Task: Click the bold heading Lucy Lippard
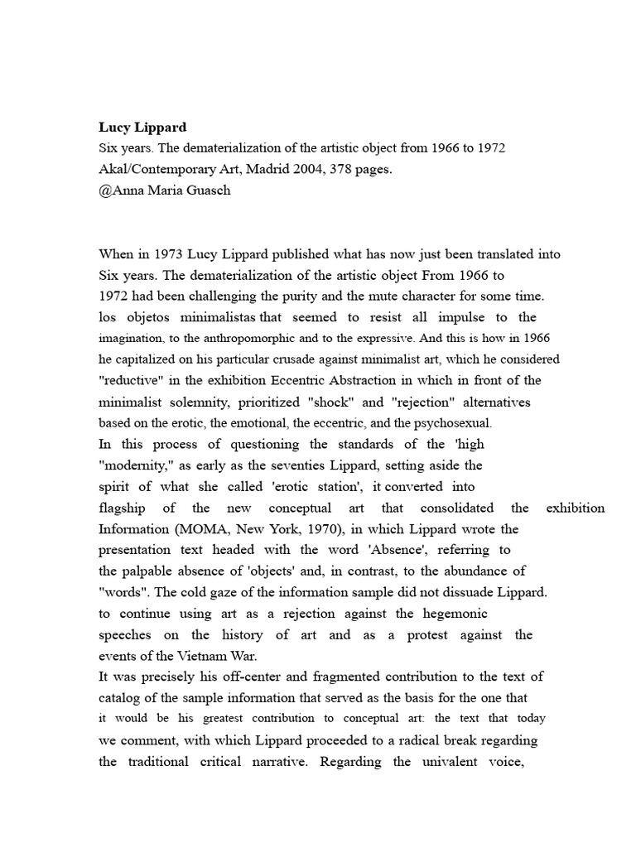coord(142,128)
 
